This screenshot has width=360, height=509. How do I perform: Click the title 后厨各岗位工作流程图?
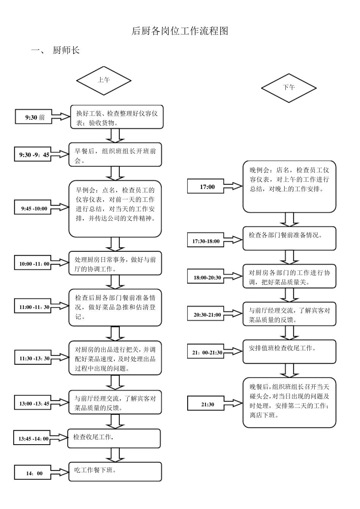click(x=180, y=31)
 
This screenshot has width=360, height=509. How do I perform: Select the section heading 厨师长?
click(x=66, y=50)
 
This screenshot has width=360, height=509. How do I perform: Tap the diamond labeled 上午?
click(x=104, y=80)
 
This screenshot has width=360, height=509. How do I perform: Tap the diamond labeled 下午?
click(x=289, y=87)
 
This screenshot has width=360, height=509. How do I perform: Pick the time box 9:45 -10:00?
click(x=34, y=208)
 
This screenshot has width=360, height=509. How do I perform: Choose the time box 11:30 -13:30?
click(x=34, y=358)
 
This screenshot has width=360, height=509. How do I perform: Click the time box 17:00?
click(x=207, y=187)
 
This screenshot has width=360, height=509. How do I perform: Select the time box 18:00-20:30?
click(x=207, y=278)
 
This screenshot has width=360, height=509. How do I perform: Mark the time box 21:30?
click(x=207, y=404)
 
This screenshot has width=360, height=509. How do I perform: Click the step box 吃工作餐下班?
click(x=115, y=472)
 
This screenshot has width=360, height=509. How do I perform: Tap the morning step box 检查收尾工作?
click(x=114, y=438)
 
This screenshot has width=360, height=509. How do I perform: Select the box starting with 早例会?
click(x=115, y=209)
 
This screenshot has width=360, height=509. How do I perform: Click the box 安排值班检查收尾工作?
click(x=290, y=351)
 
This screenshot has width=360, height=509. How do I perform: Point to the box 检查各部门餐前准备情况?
click(x=290, y=239)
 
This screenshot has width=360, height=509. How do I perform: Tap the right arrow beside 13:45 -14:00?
click(x=59, y=438)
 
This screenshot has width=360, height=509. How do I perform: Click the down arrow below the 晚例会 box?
click(x=289, y=219)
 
